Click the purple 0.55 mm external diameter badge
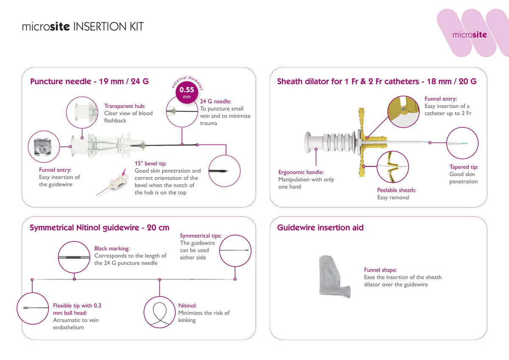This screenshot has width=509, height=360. pyautogui.click(x=187, y=92)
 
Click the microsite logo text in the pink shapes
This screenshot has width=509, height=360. pyautogui.click(x=470, y=34)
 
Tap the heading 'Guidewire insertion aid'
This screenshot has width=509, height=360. pyautogui.click(x=320, y=227)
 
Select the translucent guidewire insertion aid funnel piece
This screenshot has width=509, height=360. pyautogui.click(x=335, y=276)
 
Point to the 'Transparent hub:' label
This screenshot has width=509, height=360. pyautogui.click(x=125, y=106)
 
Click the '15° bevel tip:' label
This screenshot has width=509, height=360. pyautogui.click(x=151, y=164)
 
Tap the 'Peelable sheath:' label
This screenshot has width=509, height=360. pyautogui.click(x=397, y=190)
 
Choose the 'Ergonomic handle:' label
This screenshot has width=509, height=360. pyautogui.click(x=301, y=172)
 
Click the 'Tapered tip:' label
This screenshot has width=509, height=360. pyautogui.click(x=464, y=167)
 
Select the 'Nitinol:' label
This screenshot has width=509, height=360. pyautogui.click(x=187, y=305)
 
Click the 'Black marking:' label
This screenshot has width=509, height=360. pyautogui.click(x=112, y=248)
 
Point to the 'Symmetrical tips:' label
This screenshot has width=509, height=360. pyautogui.click(x=201, y=236)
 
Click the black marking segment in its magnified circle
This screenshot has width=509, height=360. pyautogui.click(x=73, y=257)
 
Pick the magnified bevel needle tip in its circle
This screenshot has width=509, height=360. pyautogui.click(x=218, y=171)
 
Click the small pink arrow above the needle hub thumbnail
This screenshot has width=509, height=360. pyautogui.click(x=123, y=172)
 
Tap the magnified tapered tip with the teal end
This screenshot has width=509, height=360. pyautogui.click(x=457, y=143)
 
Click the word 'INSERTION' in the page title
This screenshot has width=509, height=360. pyautogui.click(x=100, y=27)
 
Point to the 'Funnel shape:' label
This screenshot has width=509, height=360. pyautogui.click(x=380, y=270)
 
